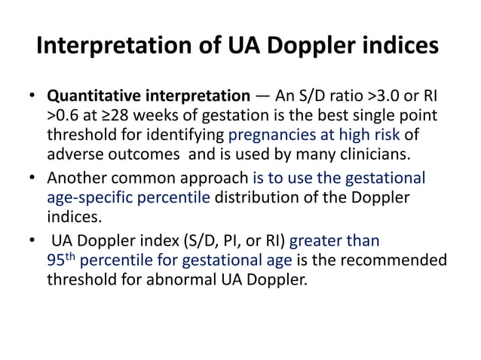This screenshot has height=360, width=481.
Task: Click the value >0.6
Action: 65,116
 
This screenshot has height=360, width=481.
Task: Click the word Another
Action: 74,179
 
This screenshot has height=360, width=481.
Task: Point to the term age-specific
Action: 87,198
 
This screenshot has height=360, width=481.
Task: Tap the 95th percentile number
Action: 60,261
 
